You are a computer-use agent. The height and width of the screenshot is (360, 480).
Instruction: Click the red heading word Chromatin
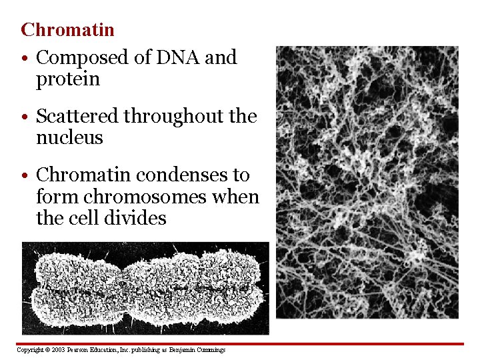(67, 30)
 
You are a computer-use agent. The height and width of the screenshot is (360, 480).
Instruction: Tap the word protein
(67, 79)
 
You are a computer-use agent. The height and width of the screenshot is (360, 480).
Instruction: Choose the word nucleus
(69, 138)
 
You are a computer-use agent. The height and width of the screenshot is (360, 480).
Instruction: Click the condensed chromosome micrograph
(145, 288)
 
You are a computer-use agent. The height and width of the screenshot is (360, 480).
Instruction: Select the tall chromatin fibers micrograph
(367, 181)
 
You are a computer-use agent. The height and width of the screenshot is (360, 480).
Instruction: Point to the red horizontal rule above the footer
(240, 344)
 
